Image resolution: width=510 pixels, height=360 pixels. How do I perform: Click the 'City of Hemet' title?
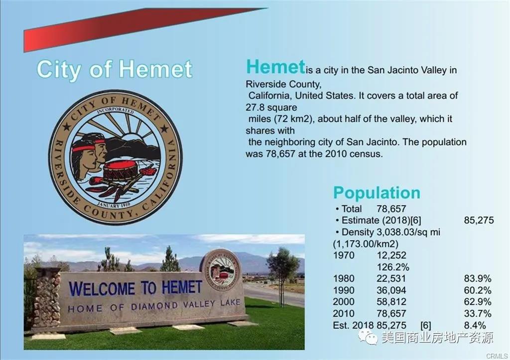coord(115,69)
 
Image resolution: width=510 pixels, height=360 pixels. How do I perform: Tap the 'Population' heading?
coord(377,193)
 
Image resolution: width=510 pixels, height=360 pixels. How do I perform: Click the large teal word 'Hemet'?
coord(275,67)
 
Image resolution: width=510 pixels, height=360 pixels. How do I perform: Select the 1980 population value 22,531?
coord(391,279)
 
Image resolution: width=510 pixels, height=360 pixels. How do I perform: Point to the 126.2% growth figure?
coord(393,267)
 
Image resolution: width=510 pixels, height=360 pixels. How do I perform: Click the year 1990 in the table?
coord(344,290)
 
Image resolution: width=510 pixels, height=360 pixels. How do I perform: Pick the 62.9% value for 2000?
coord(478,302)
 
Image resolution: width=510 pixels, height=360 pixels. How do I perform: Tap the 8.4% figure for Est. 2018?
coord(475,325)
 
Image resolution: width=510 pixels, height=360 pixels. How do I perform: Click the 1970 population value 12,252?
coord(391,255)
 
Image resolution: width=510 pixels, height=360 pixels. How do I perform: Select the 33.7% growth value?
coord(478,314)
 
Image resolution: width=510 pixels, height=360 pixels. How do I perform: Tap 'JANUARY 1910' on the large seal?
coord(114,205)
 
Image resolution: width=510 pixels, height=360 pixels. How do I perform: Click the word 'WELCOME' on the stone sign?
coord(102,289)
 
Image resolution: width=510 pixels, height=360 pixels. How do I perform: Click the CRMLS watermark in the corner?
coord(497,356)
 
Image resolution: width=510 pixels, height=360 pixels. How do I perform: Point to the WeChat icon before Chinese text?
coord(368,338)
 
